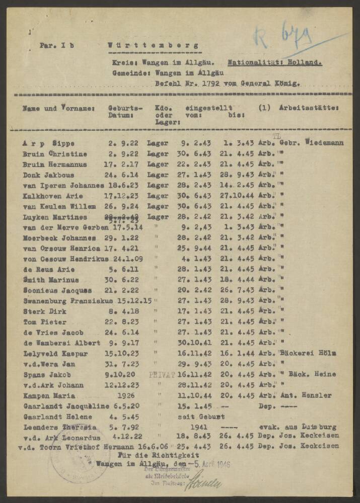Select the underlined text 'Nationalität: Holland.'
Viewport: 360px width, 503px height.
click(274, 63)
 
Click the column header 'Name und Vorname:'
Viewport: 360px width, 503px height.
click(58, 108)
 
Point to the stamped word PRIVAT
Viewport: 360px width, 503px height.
click(162, 375)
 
